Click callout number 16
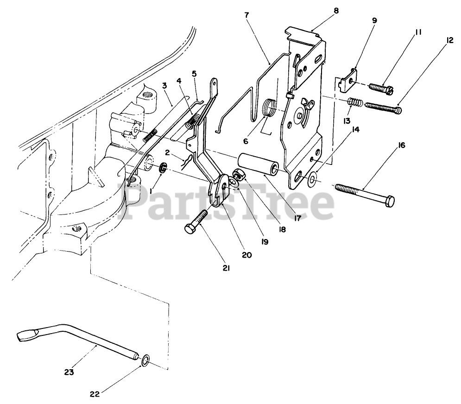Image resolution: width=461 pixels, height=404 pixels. (401, 145)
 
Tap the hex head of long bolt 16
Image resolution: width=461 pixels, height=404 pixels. (390, 202)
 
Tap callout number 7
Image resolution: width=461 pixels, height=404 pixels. (246, 15)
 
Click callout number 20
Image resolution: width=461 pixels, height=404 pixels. (247, 254)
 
